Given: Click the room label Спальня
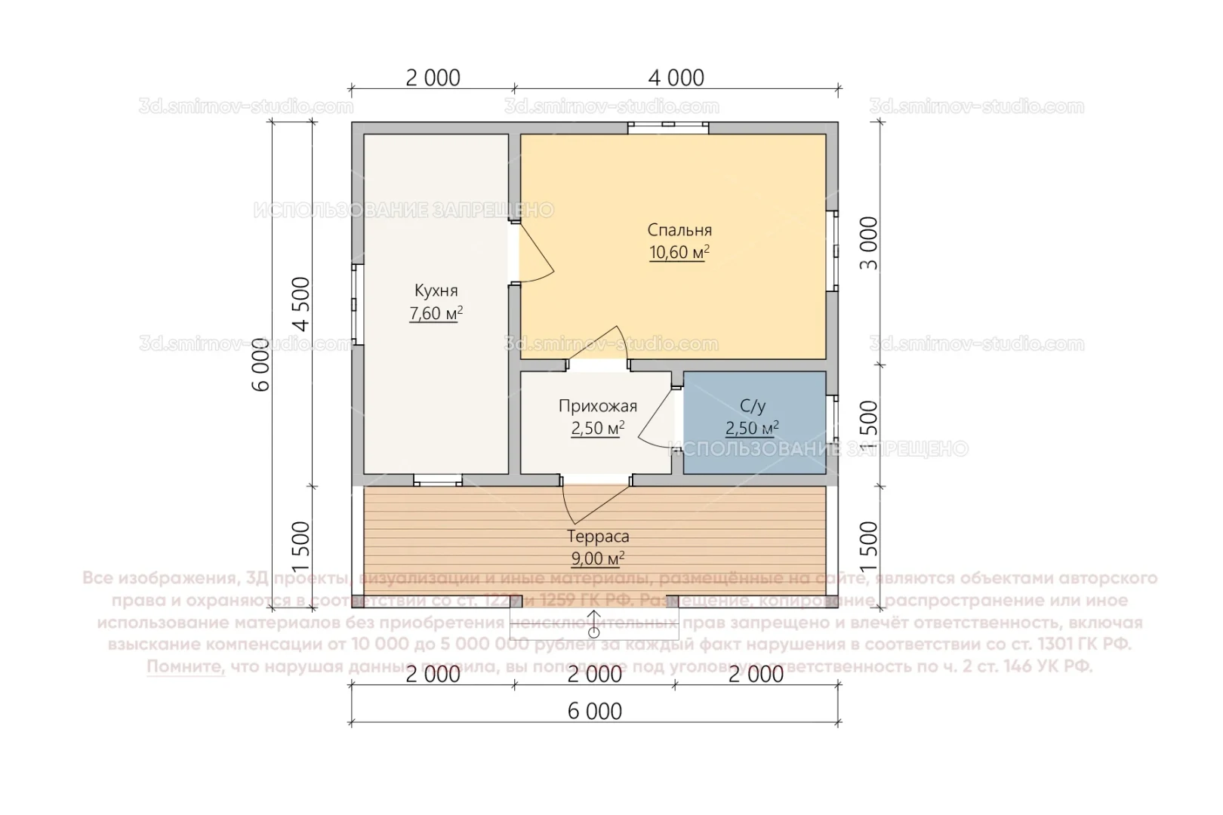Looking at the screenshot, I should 679,230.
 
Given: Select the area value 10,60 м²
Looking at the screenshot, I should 679,253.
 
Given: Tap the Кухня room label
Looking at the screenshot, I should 436,291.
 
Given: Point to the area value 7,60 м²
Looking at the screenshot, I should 436,313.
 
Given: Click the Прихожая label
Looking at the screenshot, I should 597,406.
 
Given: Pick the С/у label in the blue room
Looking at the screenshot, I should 753,406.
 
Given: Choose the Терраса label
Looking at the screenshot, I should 598,537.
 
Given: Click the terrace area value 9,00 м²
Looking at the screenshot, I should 598,558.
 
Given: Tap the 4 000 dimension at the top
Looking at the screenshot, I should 676,78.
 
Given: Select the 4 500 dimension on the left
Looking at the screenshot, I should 301,304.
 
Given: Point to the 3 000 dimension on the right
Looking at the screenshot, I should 870,243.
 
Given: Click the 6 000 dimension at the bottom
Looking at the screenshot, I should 596,711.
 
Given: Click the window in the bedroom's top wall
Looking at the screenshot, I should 668,127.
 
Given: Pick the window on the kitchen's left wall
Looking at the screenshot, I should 357,304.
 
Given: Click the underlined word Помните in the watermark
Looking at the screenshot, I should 186,667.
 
